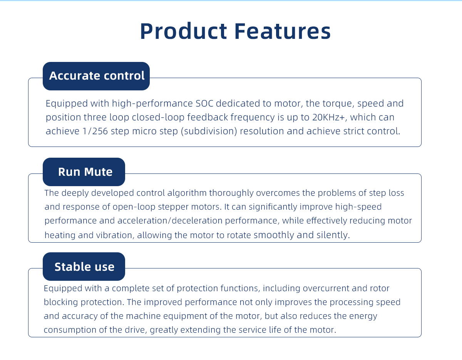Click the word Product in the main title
pyautogui.click(x=184, y=31)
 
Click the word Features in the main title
pyautogui.click(x=283, y=31)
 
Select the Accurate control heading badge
pyautogui.click(x=96, y=76)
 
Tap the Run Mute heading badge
pyautogui.click(x=84, y=172)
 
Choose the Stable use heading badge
pyautogui.click(x=84, y=267)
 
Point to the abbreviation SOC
pyautogui.click(x=204, y=103)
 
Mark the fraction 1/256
pyautogui.click(x=95, y=131)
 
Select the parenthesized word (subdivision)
pyautogui.click(x=209, y=131)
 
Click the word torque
pyautogui.click(x=338, y=104)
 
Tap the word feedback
pyautogui.click(x=208, y=117)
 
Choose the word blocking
pyautogui.click(x=61, y=302)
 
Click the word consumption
pyautogui.click(x=70, y=330)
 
